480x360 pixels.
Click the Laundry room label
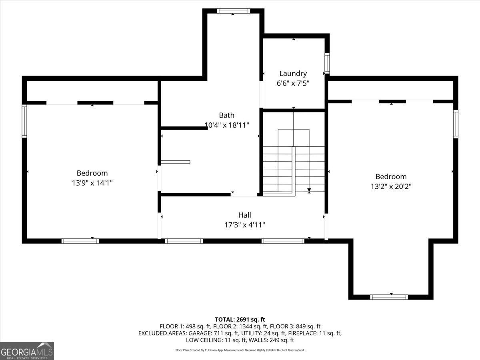tap(293, 73)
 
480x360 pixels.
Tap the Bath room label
tap(226, 115)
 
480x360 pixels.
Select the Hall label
tap(244, 215)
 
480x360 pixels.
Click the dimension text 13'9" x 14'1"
tap(92, 183)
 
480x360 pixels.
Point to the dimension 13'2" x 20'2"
tap(391, 186)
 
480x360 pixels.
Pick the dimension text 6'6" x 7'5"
tap(293, 83)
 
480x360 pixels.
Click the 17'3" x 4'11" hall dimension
tap(244, 225)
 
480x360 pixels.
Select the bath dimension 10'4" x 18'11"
tap(226, 125)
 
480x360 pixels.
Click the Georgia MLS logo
tap(27, 351)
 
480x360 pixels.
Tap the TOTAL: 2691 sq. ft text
tap(240, 319)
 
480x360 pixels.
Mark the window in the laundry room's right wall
tap(327, 63)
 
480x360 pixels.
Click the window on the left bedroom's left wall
tap(24, 121)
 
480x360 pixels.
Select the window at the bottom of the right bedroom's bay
tap(389, 297)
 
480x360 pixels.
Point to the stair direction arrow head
tap(309, 191)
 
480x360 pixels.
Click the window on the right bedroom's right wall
tap(455, 124)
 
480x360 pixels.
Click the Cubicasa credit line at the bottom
tap(240, 350)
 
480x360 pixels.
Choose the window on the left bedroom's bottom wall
tap(80, 241)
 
